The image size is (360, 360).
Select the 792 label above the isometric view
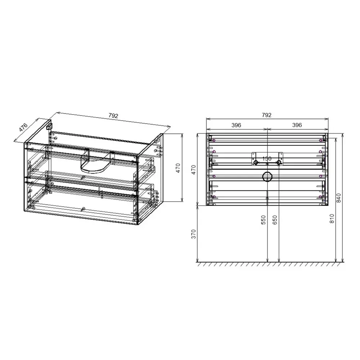(x=113, y=116)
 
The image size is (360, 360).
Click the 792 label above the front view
(x=266, y=115)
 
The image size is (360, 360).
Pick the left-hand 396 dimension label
(x=236, y=125)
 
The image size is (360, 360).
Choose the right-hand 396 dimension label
(x=297, y=125)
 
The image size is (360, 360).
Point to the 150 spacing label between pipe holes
(x=267, y=158)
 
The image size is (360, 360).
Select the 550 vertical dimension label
(x=263, y=220)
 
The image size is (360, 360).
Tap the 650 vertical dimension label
(x=275, y=220)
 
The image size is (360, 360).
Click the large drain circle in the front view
(x=267, y=177)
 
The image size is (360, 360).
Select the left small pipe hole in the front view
(x=256, y=163)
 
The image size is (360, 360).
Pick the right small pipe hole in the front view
(x=278, y=163)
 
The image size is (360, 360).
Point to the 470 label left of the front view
(x=194, y=170)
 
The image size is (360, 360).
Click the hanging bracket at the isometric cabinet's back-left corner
(x=49, y=126)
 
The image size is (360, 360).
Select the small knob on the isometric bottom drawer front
(x=83, y=209)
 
